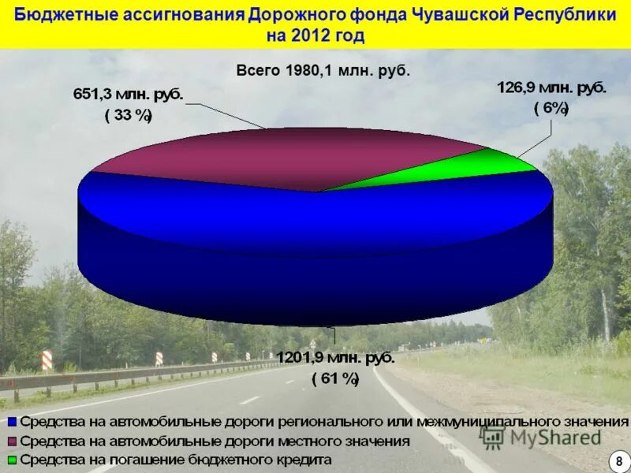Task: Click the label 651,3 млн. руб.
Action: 129,95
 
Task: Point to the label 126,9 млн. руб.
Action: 551,88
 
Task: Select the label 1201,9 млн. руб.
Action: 334,358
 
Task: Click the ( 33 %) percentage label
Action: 129,116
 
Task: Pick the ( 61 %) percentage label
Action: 334,379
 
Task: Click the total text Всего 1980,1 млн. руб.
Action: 323,70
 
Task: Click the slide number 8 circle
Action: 619,460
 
